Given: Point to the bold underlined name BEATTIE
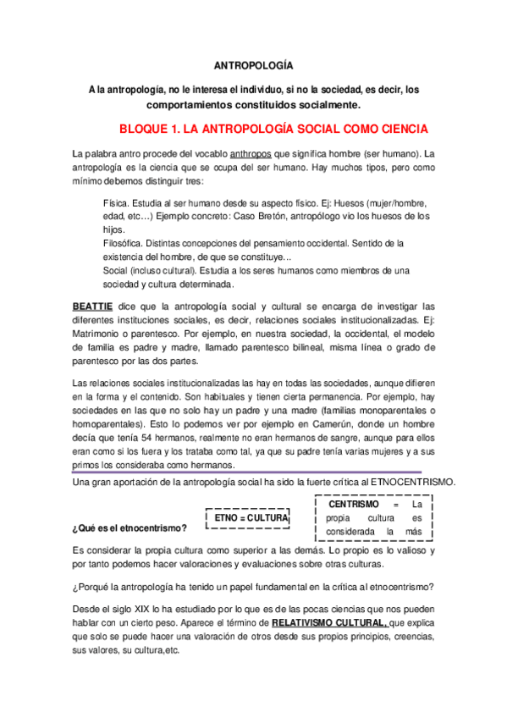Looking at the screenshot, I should pos(92,306).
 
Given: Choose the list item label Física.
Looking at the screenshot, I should pos(116,204).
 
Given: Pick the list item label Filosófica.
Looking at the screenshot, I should pos(124,243).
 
